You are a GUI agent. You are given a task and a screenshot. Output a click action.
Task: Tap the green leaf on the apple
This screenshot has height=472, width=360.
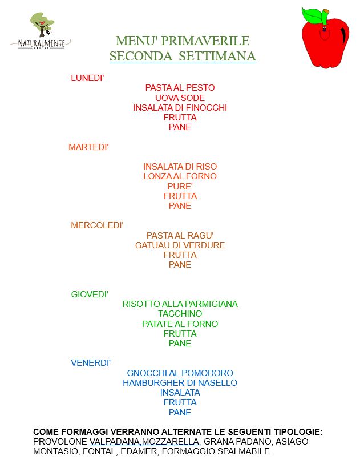(312, 15)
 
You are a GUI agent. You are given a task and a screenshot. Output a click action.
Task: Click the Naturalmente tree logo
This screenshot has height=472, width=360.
(41, 31)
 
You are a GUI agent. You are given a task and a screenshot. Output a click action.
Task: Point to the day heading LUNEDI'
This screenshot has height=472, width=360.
(87, 78)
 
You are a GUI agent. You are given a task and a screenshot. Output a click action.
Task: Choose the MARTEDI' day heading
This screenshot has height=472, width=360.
(88, 147)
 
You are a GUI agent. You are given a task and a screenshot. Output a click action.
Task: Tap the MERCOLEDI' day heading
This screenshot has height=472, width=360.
(97, 225)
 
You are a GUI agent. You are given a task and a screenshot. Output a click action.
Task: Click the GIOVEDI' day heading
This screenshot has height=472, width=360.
(90, 294)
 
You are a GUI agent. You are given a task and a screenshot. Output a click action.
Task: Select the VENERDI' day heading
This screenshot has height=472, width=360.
(91, 363)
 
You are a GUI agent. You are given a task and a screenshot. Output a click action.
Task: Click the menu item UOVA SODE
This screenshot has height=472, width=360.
(180, 98)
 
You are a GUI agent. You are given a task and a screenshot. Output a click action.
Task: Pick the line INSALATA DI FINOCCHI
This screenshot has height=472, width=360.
(180, 107)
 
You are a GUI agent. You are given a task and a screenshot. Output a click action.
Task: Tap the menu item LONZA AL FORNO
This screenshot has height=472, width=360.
(180, 176)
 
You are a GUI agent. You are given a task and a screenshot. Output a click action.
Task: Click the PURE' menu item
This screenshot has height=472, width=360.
(180, 186)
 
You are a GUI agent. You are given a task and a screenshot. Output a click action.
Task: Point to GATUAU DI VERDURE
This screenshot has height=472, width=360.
(180, 245)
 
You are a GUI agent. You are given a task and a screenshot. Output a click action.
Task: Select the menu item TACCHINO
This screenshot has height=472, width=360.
(180, 314)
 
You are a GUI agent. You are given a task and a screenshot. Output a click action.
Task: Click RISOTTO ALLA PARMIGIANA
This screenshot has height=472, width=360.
(180, 304)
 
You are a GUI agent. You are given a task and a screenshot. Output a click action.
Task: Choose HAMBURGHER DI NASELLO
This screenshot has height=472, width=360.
(180, 382)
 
